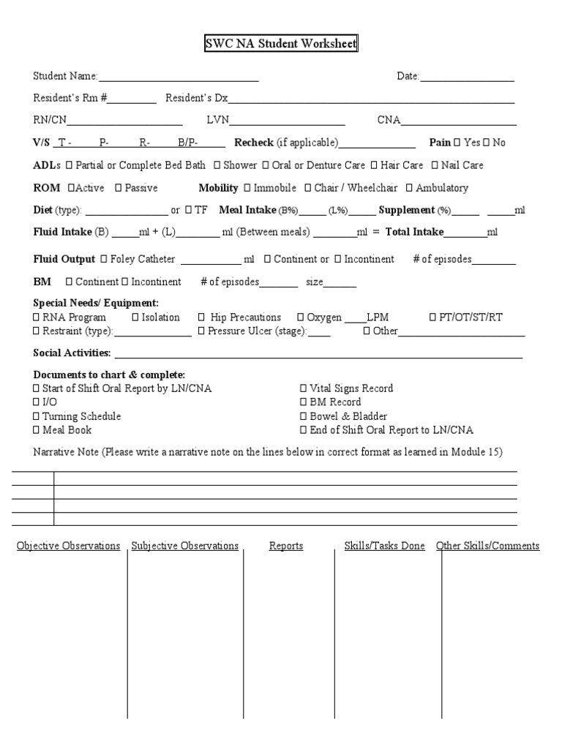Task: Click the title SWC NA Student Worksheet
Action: [281, 45]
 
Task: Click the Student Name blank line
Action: [179, 77]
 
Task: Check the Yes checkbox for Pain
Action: [457, 143]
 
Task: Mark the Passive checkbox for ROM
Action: [118, 188]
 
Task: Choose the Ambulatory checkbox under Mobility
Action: [408, 188]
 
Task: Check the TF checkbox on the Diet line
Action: [188, 211]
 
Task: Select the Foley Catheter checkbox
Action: [103, 259]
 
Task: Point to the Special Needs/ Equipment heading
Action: [96, 303]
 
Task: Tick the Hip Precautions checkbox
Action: [201, 317]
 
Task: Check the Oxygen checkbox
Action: [301, 317]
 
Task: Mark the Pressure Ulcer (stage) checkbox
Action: [201, 331]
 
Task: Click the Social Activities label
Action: [72, 354]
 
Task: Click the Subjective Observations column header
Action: [185, 546]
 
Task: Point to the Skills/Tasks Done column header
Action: [384, 546]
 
